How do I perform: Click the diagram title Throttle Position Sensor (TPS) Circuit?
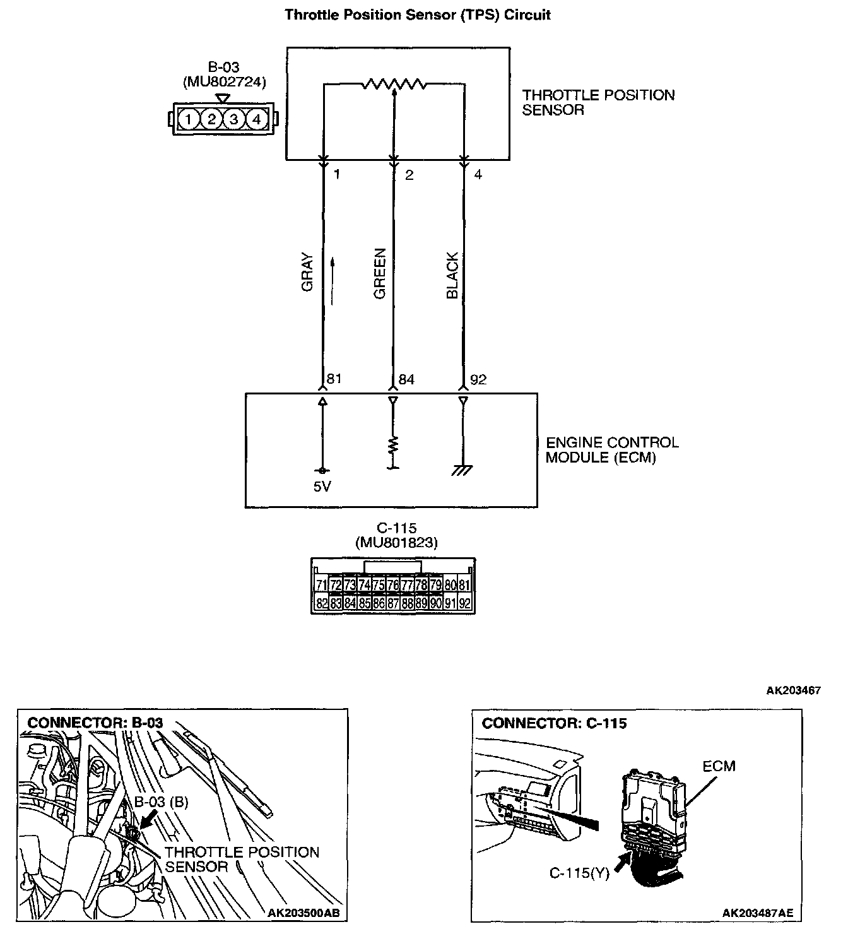click(x=418, y=15)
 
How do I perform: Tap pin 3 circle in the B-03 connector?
click(x=233, y=119)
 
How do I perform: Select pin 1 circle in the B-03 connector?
click(x=188, y=119)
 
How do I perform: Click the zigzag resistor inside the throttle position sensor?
click(x=394, y=84)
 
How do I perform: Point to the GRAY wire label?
click(x=307, y=272)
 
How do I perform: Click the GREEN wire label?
click(x=379, y=273)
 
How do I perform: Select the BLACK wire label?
click(x=452, y=275)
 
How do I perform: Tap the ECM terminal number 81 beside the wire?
click(x=334, y=379)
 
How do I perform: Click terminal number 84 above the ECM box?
click(x=407, y=379)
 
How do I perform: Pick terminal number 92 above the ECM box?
click(x=478, y=379)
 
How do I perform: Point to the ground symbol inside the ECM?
click(x=463, y=470)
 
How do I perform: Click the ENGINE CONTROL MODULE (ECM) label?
click(x=611, y=450)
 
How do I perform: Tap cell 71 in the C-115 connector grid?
click(x=321, y=585)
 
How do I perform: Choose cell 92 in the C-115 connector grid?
click(x=465, y=603)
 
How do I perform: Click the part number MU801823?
click(x=396, y=542)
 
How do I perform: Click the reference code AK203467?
click(x=793, y=690)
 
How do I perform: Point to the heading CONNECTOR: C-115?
click(x=554, y=723)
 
